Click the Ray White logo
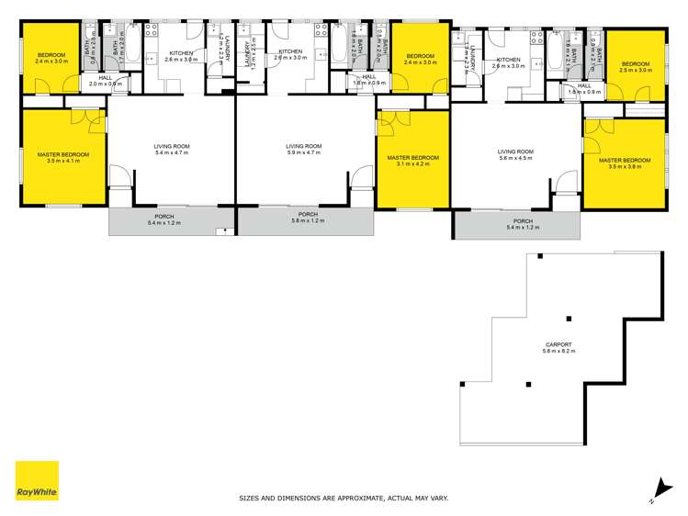[x=37, y=481]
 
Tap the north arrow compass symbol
[x=657, y=492]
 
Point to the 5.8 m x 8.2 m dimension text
[x=558, y=352]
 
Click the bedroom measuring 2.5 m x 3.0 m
[x=635, y=65]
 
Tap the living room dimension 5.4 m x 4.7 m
[x=171, y=152]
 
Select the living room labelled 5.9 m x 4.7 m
[x=303, y=152]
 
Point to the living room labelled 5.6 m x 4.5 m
[x=515, y=158]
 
